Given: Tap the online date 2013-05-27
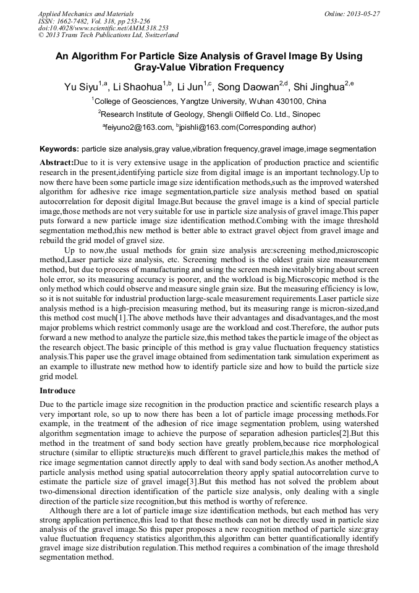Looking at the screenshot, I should (x=362, y=14).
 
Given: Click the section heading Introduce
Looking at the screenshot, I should (x=57, y=391).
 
